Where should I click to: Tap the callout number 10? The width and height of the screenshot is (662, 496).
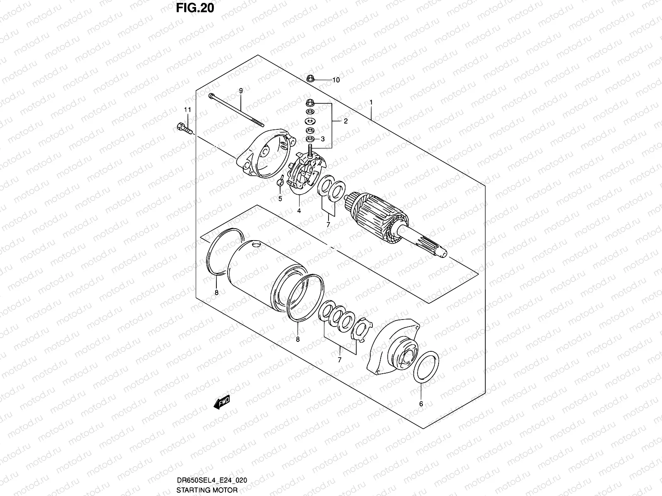coord(336,80)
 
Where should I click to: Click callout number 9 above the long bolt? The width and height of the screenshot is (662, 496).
coord(240,91)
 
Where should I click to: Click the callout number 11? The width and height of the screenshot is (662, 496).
coord(187,110)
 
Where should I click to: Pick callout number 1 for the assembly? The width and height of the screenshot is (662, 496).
coord(371,102)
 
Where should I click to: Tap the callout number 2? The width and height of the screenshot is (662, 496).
coord(345,121)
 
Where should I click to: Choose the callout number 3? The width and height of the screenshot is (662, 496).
coord(323,139)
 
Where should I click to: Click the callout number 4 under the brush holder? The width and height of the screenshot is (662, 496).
coord(299,211)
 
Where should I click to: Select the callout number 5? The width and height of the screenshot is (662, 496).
coord(280,199)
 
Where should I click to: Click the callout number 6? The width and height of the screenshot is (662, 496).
coord(421,404)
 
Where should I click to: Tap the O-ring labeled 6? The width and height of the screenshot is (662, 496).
coord(426,366)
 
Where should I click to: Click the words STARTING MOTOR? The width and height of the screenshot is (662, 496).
coord(207,490)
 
